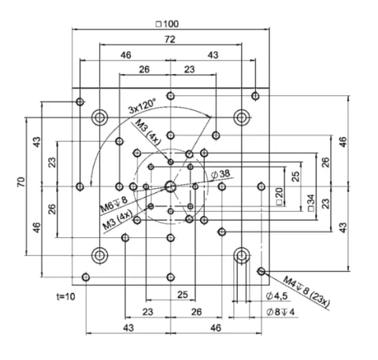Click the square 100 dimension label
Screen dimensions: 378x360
coord(167,24)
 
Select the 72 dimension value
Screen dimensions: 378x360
coord(170,39)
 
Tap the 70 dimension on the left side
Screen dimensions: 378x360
coord(21,182)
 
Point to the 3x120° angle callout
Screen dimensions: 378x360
coord(142,106)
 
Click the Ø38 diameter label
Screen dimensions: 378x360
coord(220,174)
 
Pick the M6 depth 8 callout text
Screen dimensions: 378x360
coord(113,205)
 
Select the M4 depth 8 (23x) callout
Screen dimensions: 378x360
coord(306,291)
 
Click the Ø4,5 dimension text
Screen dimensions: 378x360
coord(277,296)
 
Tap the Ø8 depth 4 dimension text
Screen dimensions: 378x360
coord(280,312)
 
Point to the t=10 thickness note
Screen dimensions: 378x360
coord(66,297)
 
